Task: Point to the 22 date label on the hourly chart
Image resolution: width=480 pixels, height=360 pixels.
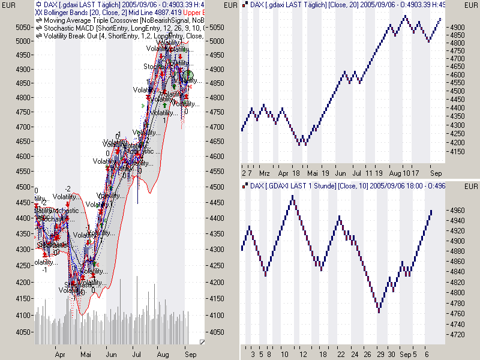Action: tap(340, 354)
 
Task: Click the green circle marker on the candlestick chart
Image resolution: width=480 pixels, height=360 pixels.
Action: tap(188, 75)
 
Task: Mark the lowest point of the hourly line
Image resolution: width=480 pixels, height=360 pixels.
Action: tap(379, 310)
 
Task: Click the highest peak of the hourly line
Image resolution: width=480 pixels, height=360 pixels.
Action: tap(292, 197)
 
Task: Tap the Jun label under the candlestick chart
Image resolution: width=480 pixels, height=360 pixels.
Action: tap(111, 354)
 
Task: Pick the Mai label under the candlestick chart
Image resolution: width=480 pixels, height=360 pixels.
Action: tap(85, 354)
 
